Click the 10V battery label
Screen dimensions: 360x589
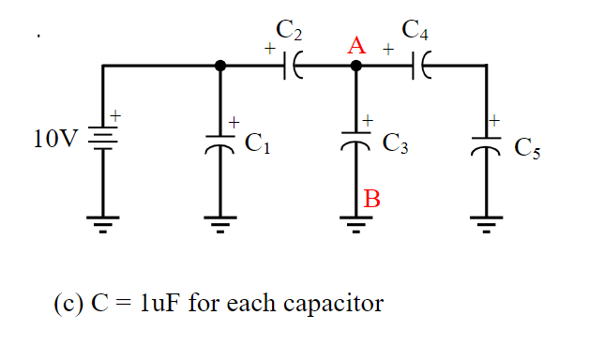click(54, 141)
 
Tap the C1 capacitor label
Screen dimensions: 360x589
click(257, 143)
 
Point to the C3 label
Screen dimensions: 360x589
click(395, 144)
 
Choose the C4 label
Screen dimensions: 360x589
click(415, 31)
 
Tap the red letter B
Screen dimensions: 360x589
click(371, 198)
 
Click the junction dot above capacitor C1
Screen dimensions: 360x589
click(220, 66)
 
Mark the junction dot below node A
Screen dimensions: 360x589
click(355, 66)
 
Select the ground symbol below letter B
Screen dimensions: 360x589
click(355, 223)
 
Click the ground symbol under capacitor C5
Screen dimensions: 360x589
click(487, 223)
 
